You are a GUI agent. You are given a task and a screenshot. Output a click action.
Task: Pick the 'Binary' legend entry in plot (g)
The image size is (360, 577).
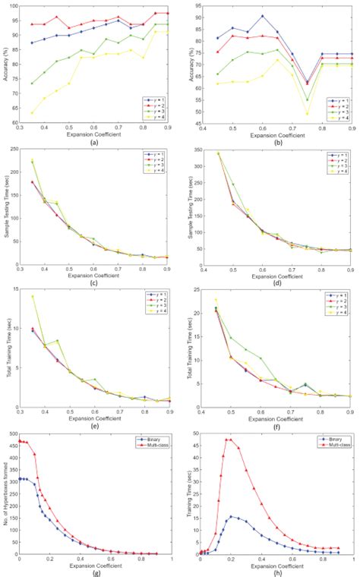(155, 438)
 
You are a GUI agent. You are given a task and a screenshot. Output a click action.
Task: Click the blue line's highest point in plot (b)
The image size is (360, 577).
(262, 16)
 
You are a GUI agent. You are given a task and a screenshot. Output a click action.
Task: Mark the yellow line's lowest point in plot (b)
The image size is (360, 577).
(307, 114)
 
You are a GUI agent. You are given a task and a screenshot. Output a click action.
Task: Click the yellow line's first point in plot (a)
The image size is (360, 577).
(31, 113)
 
